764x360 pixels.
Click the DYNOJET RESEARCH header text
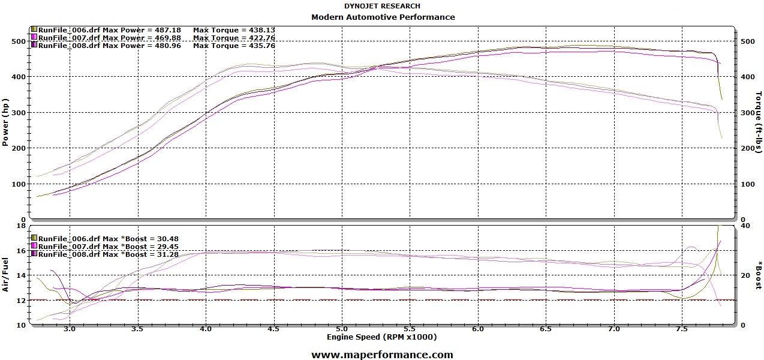point(382,6)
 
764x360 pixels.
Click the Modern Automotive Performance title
point(383,17)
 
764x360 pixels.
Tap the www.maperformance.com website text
point(382,355)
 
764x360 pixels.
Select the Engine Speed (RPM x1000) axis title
point(382,337)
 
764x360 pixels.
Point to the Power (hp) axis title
point(5,123)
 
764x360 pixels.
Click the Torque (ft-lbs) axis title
point(758,123)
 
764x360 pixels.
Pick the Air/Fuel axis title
point(5,274)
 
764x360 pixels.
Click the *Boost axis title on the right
point(758,274)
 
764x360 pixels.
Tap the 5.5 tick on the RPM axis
point(410,329)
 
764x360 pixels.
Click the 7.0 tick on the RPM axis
point(614,329)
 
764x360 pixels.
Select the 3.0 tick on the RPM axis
point(70,329)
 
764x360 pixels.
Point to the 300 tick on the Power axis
point(20,113)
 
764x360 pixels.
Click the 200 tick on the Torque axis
point(747,148)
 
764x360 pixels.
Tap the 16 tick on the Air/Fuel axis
point(22,251)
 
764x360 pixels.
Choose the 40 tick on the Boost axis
point(745,226)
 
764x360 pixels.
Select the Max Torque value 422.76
point(258,37)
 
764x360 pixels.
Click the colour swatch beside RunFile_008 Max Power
point(34,45)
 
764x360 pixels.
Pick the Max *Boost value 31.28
point(166,254)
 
